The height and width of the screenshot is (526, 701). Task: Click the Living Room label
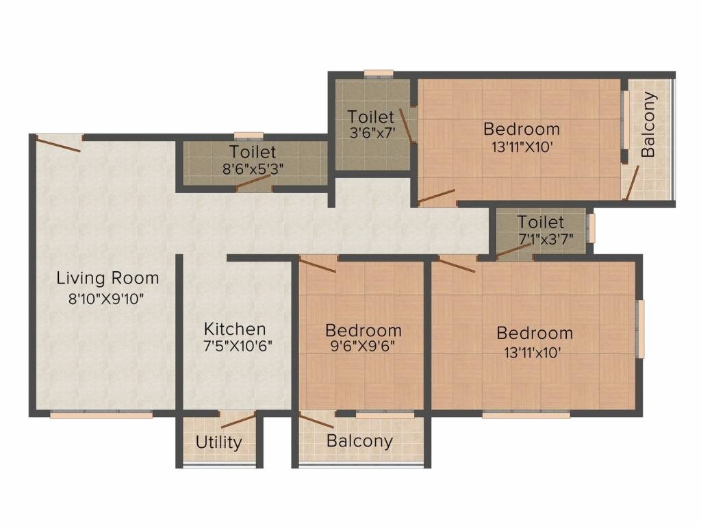tap(107, 278)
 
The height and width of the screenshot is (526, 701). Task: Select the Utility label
tap(218, 442)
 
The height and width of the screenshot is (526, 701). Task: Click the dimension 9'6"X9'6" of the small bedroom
tap(362, 346)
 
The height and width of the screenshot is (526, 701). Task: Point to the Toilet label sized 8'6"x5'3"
tap(253, 151)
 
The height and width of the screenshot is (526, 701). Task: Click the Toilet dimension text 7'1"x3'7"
tap(546, 239)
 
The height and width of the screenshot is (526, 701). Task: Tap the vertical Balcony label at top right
tap(649, 125)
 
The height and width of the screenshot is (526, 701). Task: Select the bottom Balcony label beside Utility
tap(359, 440)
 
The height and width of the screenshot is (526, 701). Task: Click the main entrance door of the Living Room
tap(59, 142)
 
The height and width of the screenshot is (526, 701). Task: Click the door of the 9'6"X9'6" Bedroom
tap(317, 265)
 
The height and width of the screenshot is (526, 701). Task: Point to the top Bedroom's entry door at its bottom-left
tap(436, 197)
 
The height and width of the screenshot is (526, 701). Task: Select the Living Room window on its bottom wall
tap(101, 414)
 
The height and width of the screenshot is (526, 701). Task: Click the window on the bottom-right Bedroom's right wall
tap(641, 329)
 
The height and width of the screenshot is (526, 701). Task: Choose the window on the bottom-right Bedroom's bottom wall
tap(526, 414)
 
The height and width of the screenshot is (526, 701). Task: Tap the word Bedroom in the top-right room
tap(521, 128)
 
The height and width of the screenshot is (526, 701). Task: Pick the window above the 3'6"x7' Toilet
tap(378, 73)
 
